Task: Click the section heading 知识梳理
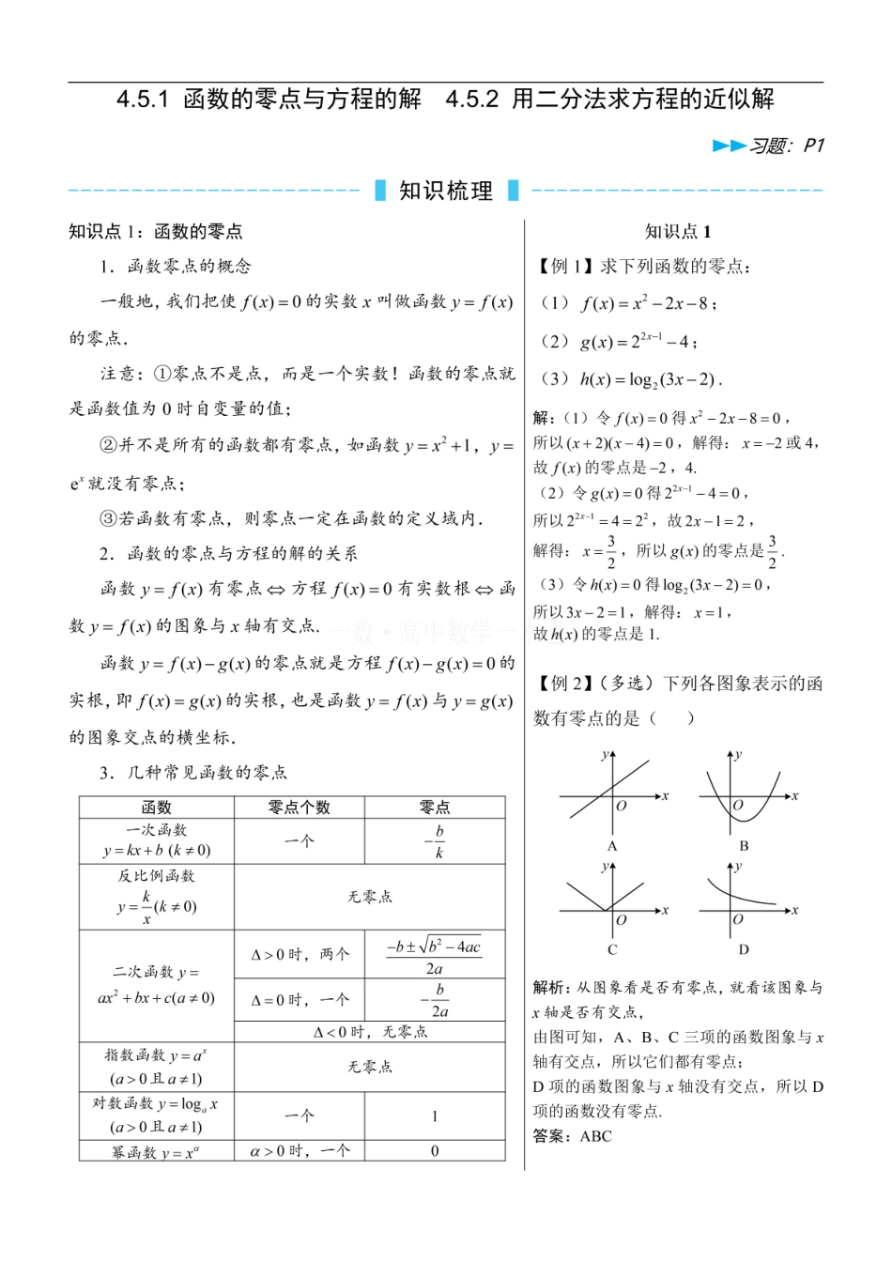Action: click(x=446, y=191)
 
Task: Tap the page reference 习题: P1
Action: click(x=787, y=146)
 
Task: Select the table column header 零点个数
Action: click(x=299, y=807)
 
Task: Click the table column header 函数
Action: click(x=156, y=807)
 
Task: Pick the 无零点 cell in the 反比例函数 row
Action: click(x=369, y=897)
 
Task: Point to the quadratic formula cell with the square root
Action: click(x=434, y=956)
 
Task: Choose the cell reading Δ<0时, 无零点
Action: click(x=369, y=1031)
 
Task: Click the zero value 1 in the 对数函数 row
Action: click(x=435, y=1116)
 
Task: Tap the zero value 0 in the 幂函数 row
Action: click(x=435, y=1150)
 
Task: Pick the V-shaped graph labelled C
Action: click(x=612, y=906)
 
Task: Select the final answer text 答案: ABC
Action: click(x=572, y=1136)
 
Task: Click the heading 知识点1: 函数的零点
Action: click(x=156, y=231)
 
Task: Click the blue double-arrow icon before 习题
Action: click(x=729, y=146)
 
